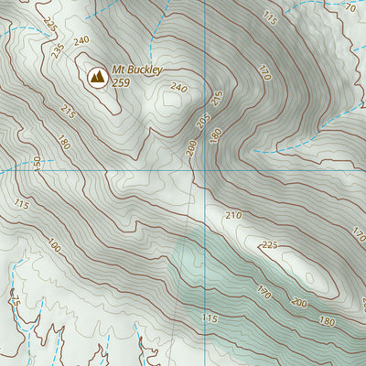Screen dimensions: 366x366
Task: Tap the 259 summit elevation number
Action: coord(121,81)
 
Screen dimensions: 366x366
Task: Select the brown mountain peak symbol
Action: coord(96,78)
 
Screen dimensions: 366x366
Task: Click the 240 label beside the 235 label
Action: coord(81,40)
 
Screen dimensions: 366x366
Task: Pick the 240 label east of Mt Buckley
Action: coord(178,88)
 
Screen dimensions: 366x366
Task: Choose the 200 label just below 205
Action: coord(190,146)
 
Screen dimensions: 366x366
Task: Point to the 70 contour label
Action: coord(349,7)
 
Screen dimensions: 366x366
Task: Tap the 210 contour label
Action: coord(233,215)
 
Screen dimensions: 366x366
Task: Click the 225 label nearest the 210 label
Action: coord(269,244)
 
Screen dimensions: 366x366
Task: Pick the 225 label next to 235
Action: coord(48,24)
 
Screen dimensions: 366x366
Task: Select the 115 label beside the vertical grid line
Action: coord(210,318)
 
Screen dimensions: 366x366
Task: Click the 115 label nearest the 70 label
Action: coord(269,17)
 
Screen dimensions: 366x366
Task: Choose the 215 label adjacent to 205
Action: coord(217,99)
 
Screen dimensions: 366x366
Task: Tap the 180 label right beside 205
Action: coord(216,135)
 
